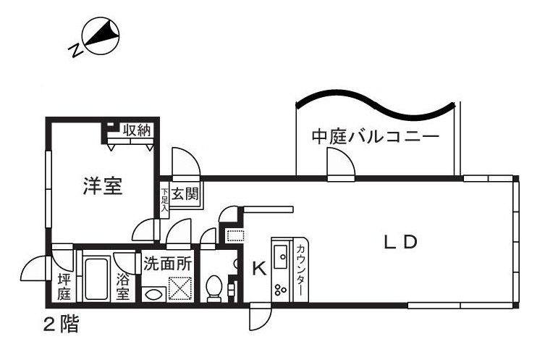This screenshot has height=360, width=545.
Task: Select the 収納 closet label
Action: pos(135,130)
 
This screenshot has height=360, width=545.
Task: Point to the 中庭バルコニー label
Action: pos(376,136)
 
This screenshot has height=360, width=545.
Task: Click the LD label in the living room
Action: pos(400,243)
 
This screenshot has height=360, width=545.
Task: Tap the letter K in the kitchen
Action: pos(258,269)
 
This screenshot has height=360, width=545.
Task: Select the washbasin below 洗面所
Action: pos(152,293)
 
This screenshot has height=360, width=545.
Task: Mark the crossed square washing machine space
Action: pos(178,290)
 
